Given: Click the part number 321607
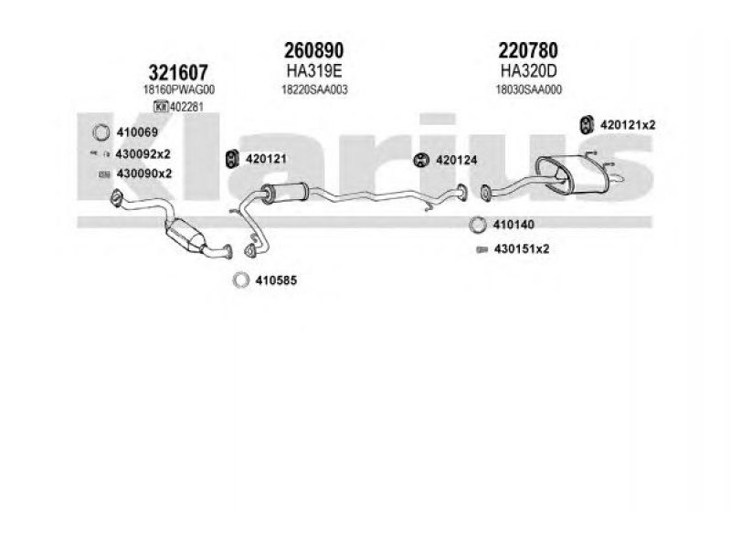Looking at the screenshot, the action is [178, 73].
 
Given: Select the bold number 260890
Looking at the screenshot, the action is [313, 50].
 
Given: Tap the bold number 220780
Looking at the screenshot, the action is [528, 50].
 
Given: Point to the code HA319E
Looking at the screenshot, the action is [314, 71].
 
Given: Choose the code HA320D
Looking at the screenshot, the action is [529, 71].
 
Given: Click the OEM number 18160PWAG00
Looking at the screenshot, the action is [179, 90].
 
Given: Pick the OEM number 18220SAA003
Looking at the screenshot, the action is [314, 90].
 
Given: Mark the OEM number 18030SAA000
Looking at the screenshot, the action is [529, 90].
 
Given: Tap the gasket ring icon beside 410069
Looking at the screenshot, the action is [101, 132].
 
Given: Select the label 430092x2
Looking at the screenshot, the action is [143, 153].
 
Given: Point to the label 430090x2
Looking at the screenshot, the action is [144, 174].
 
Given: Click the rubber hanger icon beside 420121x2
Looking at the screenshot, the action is [586, 124].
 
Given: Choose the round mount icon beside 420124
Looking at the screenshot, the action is [421, 160].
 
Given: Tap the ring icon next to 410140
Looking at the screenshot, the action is [477, 225].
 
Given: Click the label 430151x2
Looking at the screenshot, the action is [522, 249].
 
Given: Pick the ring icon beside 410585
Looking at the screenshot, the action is [240, 280].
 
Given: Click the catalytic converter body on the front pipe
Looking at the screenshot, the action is [185, 235].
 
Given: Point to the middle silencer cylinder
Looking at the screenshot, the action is [284, 193].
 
